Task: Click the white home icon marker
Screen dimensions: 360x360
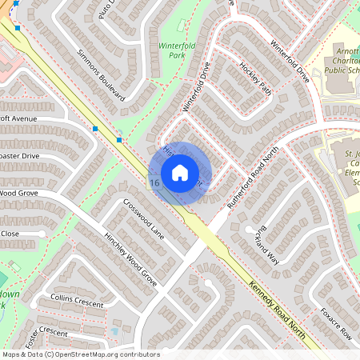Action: coord(180,172)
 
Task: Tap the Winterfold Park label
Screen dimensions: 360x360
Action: coord(177,51)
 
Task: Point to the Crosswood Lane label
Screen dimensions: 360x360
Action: coord(143,220)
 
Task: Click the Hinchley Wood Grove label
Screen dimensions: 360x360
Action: coord(130,254)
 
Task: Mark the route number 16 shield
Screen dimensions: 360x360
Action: coord(154,183)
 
